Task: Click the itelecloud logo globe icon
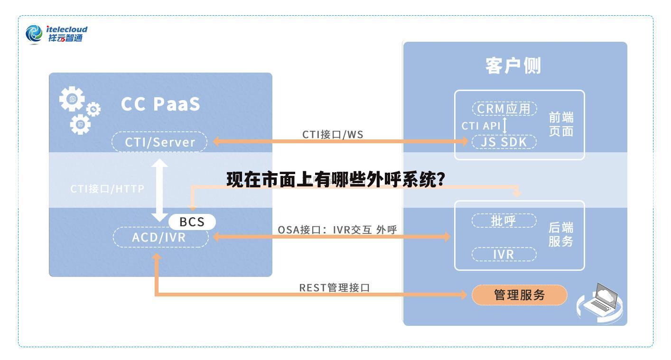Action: click(34, 34)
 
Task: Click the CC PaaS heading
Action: click(160, 104)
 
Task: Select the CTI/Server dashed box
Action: click(160, 142)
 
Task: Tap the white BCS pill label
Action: click(192, 222)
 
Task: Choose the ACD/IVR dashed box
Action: click(160, 237)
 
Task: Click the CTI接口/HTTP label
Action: click(107, 189)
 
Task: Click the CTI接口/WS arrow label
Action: click(333, 134)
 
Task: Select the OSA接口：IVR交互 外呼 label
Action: click(337, 230)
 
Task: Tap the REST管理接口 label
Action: click(334, 287)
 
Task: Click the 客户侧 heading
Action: click(513, 65)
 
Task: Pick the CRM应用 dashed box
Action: click(504, 109)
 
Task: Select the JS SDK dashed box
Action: click(504, 142)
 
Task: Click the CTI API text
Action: click(481, 126)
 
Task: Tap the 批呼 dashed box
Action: click(503, 221)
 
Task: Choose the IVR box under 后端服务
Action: click(503, 254)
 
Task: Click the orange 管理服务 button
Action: click(519, 295)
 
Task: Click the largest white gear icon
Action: click(72, 99)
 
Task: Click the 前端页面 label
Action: click(561, 124)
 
